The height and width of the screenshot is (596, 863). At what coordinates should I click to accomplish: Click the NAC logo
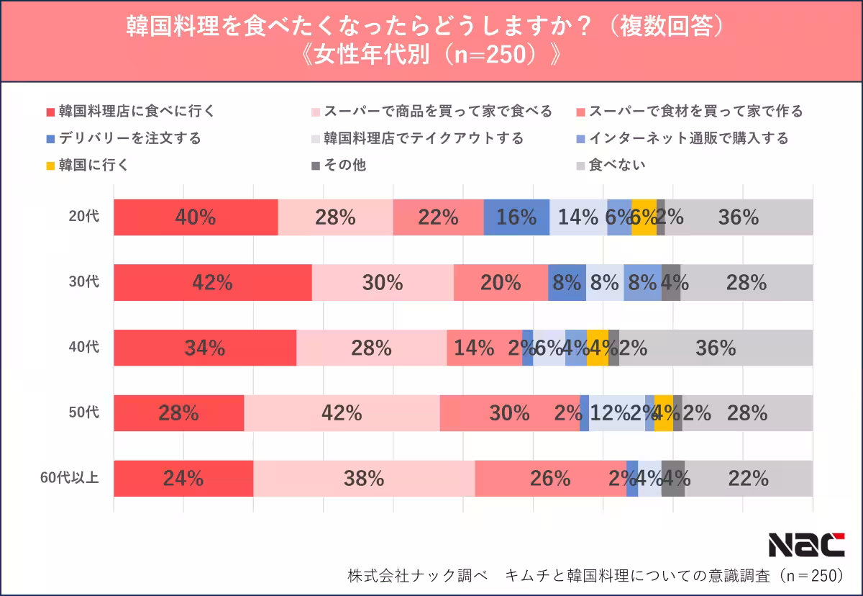(806, 545)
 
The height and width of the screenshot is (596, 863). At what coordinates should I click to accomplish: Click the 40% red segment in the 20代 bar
(196, 217)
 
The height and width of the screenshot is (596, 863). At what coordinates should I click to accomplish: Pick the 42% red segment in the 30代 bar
(212, 283)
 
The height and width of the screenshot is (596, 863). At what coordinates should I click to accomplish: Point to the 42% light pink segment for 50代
(342, 413)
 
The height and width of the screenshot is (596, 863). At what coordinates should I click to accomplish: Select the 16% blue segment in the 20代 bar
(516, 217)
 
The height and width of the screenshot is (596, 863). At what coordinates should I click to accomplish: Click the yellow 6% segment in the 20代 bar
(644, 217)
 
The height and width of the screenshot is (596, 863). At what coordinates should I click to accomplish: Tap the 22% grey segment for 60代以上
(748, 479)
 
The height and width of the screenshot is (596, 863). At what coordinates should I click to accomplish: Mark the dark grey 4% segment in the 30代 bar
(670, 283)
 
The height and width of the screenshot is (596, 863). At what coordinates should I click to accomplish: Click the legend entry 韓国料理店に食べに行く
(130, 111)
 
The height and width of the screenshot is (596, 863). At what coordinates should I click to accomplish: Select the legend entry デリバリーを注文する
(123, 138)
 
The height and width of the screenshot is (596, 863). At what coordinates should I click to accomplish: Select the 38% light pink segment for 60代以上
(364, 479)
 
